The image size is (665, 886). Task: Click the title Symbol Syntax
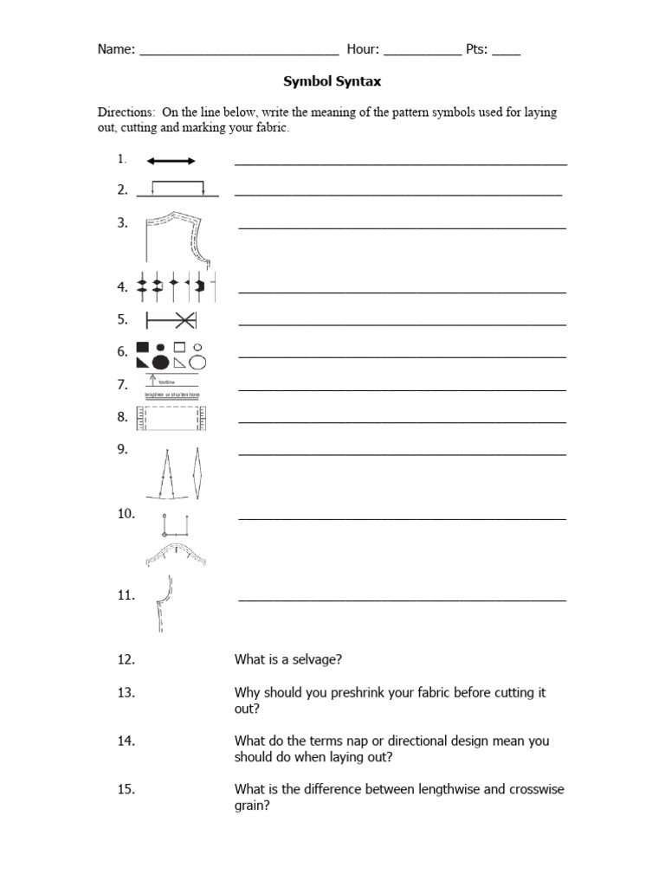point(332,82)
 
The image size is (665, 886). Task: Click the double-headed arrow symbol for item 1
point(171,161)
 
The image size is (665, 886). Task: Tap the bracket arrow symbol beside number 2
point(178,188)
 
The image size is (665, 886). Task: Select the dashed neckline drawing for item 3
point(178,237)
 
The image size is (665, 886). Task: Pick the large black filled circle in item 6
point(160,362)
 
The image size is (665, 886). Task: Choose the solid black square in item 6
point(143,348)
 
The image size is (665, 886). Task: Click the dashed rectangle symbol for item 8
point(173,419)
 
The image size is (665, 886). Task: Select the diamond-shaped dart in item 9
point(198,472)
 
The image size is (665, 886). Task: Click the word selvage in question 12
point(318,660)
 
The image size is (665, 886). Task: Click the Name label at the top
point(116,49)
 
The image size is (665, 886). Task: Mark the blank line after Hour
point(423,52)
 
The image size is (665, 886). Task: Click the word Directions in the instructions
point(125,113)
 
